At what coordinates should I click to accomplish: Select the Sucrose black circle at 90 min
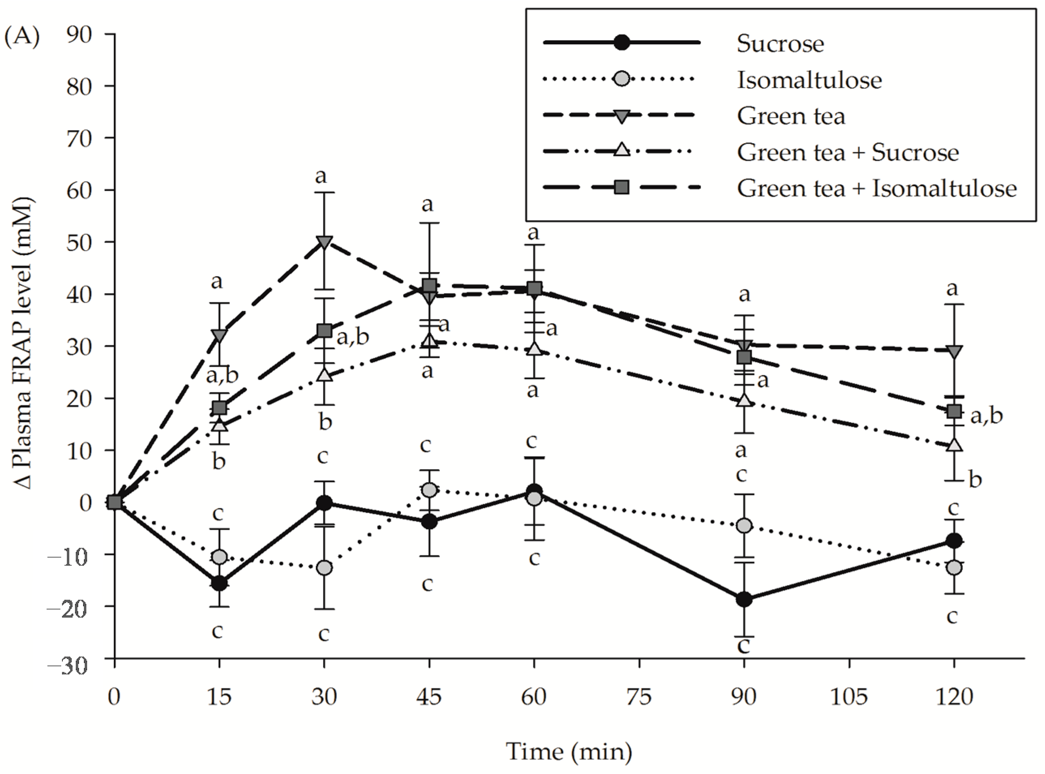(744, 599)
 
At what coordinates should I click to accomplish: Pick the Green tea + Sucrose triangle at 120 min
(954, 445)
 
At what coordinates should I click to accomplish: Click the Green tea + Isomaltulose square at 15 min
(219, 407)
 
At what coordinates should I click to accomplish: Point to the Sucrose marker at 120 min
(954, 541)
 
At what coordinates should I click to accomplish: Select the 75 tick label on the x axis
(639, 697)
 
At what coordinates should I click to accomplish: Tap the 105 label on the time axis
(849, 697)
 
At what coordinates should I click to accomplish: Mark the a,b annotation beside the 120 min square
(986, 415)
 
